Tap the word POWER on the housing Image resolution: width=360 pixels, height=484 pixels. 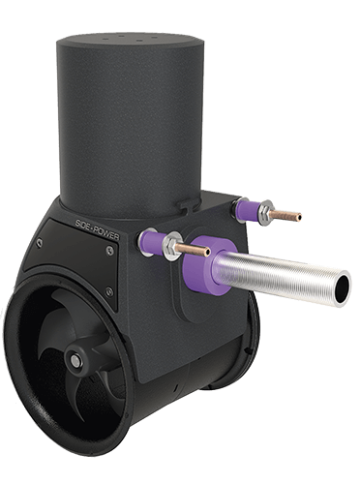click(x=99, y=250)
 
